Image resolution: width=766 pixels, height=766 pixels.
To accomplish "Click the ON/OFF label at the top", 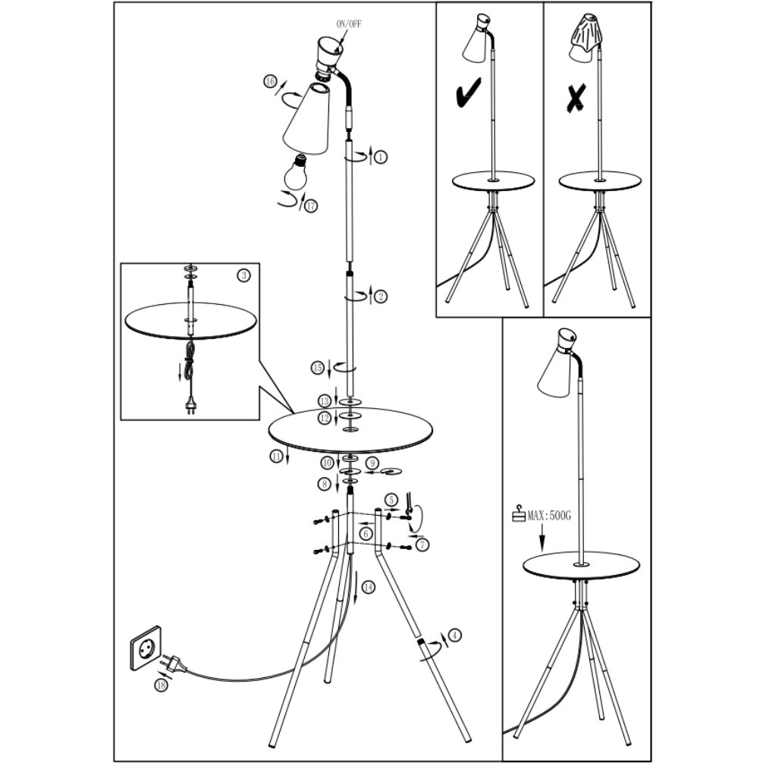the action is [x=350, y=24].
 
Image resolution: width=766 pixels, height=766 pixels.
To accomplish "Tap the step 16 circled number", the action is [x=270, y=82].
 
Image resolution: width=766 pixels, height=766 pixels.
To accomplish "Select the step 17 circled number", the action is [x=311, y=206].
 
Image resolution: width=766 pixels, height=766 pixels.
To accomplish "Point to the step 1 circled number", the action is [x=381, y=157].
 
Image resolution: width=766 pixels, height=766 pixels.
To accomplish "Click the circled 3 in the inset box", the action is [x=243, y=275].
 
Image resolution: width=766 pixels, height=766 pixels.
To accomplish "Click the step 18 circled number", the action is [x=161, y=686].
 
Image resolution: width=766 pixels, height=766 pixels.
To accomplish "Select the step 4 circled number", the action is [x=455, y=635].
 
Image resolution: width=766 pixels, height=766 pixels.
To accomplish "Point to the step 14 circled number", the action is [x=368, y=587].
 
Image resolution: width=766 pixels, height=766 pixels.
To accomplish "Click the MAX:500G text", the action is [x=548, y=516].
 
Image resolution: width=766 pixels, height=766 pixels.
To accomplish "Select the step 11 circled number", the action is [x=277, y=457].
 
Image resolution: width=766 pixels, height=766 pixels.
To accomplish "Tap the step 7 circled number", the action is [x=422, y=545].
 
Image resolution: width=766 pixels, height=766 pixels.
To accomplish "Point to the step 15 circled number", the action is [x=318, y=368].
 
